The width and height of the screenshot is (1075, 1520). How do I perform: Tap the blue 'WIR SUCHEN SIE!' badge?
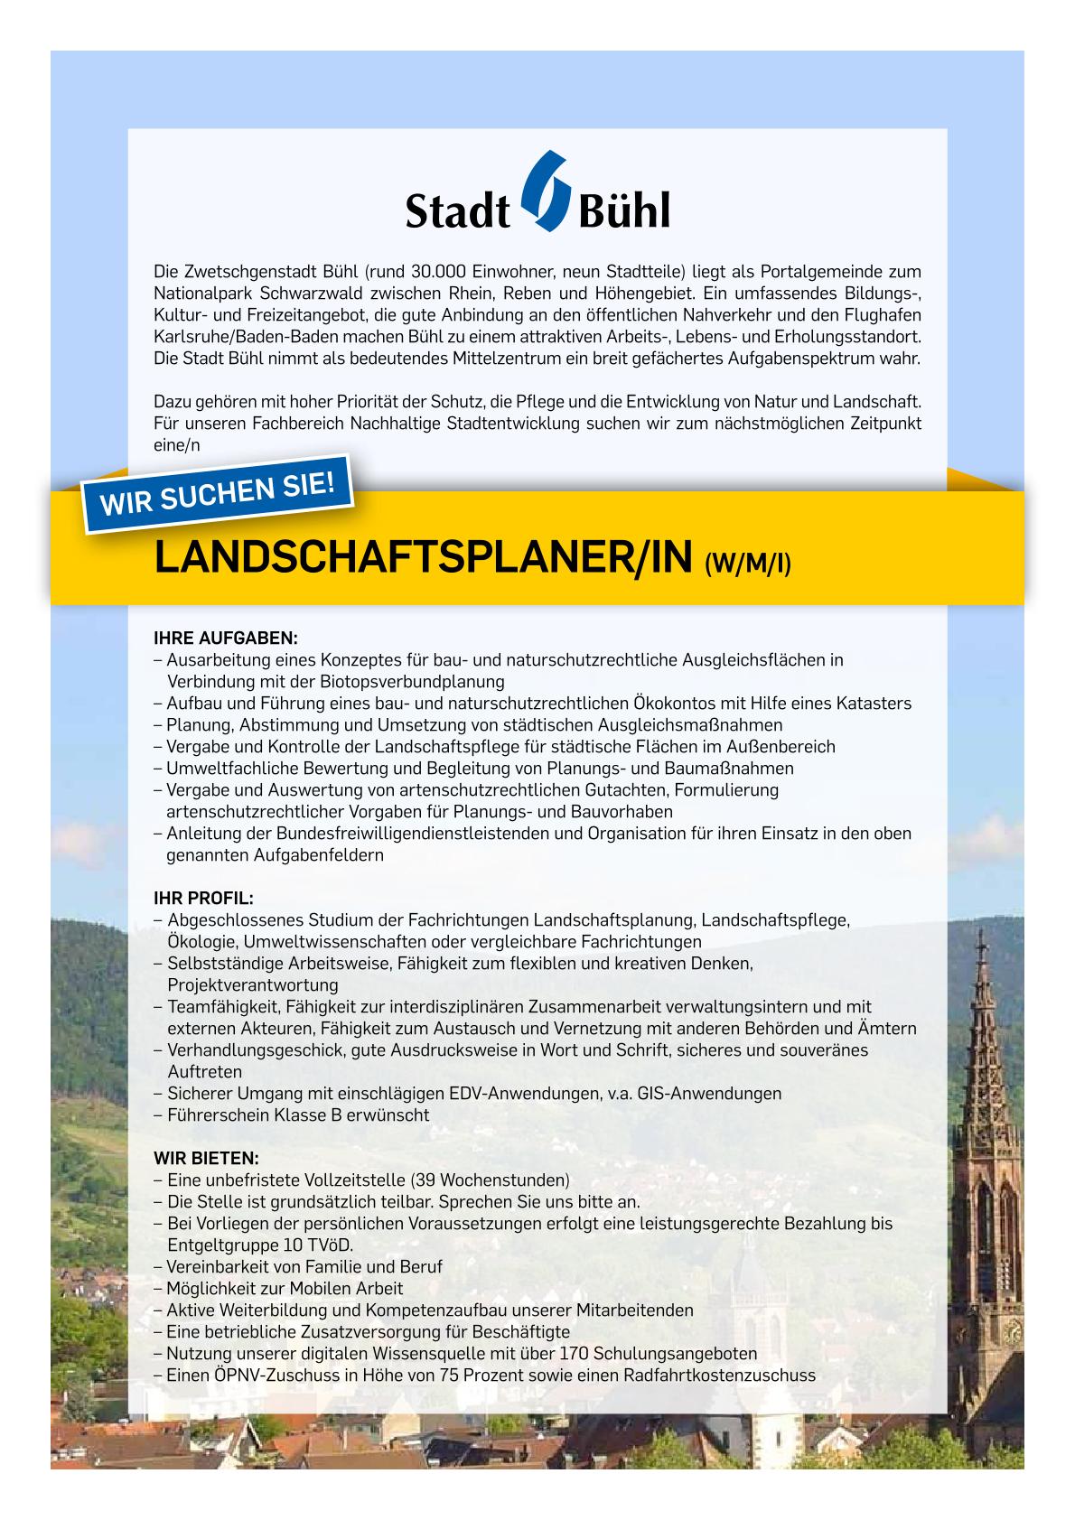tap(218, 493)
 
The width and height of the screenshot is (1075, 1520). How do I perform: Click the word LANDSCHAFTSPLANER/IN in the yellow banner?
tap(424, 559)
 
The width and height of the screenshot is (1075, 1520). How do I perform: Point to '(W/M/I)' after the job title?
tap(747, 564)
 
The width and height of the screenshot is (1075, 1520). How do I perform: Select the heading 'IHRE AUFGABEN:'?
tap(225, 638)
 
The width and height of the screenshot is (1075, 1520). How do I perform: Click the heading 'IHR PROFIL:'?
tap(203, 899)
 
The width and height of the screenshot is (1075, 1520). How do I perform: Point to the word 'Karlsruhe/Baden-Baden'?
tap(231, 336)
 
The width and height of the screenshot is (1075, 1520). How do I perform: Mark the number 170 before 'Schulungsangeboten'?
tap(576, 1354)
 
